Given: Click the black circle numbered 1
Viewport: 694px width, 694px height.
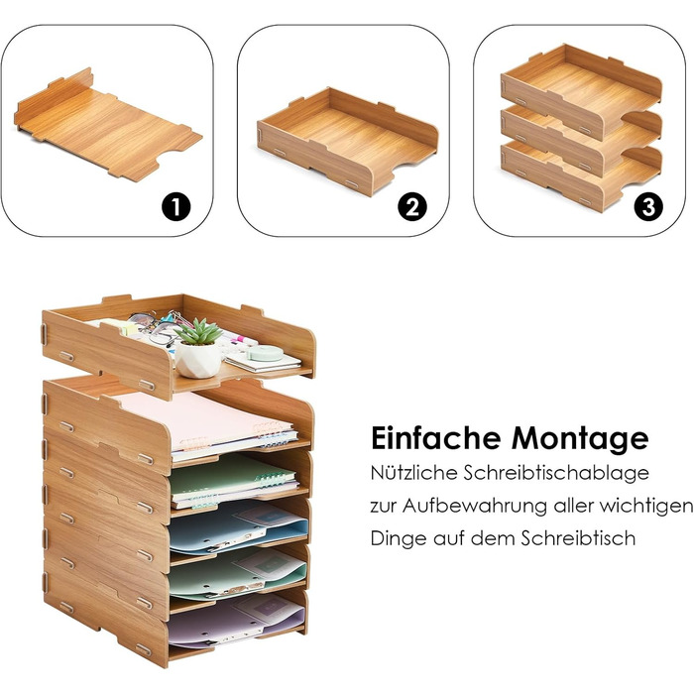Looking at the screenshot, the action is coord(176,207).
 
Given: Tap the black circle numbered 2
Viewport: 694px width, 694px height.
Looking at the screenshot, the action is coord(412,207).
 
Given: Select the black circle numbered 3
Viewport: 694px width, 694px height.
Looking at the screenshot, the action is coord(648,207).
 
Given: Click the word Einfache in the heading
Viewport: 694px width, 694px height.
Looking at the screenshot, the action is coord(436,438).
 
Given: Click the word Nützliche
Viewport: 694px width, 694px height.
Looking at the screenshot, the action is coord(413,473).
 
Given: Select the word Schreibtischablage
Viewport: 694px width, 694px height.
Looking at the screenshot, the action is coord(556,473).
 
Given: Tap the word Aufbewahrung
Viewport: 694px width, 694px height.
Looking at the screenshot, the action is coord(475,506).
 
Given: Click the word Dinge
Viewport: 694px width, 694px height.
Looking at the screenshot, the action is coord(398,538).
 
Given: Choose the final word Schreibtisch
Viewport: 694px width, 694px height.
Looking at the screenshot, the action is coord(578,538).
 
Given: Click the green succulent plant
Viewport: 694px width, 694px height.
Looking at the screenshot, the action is coord(198,331).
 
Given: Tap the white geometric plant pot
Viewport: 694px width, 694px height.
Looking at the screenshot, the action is coord(198,360).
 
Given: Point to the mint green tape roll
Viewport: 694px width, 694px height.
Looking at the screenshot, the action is coord(265,353).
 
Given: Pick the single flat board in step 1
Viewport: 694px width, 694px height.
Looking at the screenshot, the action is coord(107,125).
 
